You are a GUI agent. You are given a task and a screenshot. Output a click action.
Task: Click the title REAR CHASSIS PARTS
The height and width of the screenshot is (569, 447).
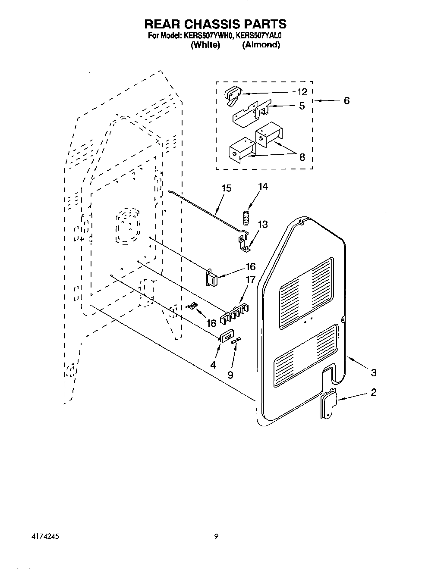(x=214, y=24)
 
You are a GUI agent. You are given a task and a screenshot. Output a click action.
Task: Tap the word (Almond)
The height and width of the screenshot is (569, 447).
(x=261, y=45)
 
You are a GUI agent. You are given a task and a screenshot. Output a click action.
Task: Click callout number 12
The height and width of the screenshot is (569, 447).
(x=302, y=92)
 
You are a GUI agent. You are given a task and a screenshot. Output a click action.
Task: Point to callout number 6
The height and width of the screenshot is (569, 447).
(x=347, y=100)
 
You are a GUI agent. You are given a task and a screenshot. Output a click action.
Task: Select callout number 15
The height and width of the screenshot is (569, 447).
(x=226, y=188)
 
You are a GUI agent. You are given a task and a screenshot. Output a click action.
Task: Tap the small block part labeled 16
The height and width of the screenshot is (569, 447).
(x=212, y=277)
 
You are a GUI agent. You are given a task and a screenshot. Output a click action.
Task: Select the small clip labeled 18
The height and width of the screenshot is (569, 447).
(x=193, y=306)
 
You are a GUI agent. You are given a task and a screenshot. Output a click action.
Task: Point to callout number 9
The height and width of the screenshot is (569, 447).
(x=230, y=375)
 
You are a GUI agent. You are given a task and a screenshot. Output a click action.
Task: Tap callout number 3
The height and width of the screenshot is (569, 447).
(x=374, y=372)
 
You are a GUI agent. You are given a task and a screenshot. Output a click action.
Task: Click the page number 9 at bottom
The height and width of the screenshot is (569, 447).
(x=216, y=537)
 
